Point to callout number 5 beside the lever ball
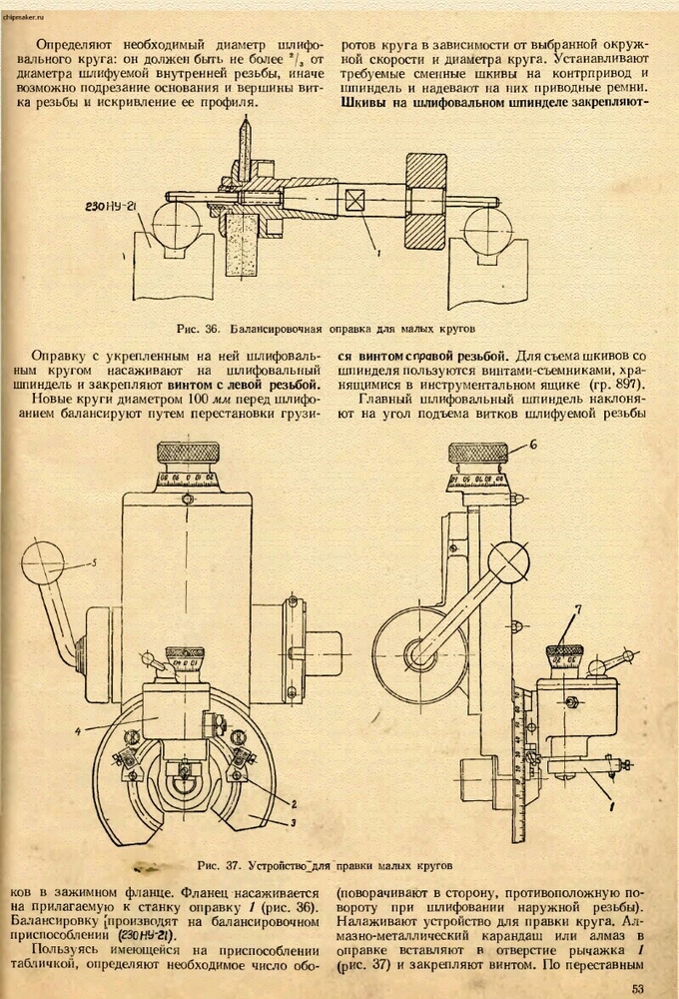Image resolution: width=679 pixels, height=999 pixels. point(93,564)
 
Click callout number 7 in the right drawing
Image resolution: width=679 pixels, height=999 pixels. point(577,608)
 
